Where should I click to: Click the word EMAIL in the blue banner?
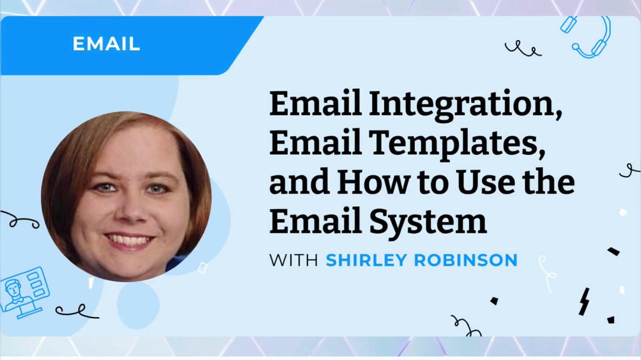[106, 44]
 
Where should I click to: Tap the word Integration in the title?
[466, 105]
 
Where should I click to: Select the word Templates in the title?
[457, 144]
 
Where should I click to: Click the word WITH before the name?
[293, 260]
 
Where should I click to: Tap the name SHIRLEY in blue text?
[366, 260]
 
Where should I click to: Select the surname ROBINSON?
[466, 260]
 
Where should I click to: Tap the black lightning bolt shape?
[584, 301]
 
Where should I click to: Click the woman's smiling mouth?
[129, 241]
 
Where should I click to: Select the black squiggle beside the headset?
[523, 49]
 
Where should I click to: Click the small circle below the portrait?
[138, 304]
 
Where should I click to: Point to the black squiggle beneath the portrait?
[77, 312]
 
